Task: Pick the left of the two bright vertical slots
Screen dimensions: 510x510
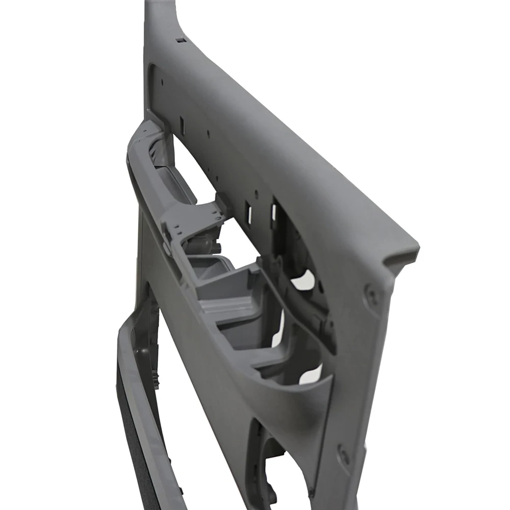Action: click(249, 214)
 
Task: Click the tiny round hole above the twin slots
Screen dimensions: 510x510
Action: click(256, 193)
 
